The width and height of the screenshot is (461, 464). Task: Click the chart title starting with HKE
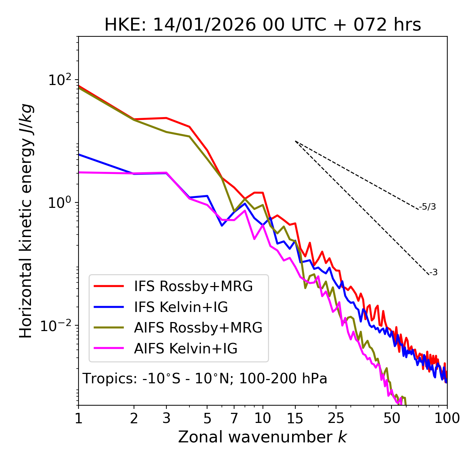263,25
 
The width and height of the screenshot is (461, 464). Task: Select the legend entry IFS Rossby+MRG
193,286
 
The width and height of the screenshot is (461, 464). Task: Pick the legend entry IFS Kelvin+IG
181,307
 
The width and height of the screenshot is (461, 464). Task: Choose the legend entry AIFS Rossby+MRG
198,328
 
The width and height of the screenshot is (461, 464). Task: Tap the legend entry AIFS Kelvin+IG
186,349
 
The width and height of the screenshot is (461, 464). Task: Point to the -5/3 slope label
428,207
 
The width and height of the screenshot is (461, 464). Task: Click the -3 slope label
434,273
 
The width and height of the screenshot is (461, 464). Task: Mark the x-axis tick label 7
234,418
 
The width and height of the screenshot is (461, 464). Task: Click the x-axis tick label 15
295,418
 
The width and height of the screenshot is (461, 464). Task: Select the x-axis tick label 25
336,418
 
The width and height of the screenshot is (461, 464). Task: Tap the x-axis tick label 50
392,418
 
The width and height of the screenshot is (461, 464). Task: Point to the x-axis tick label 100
447,418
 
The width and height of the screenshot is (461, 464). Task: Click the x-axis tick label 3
166,418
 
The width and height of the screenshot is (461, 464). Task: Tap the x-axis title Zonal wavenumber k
263,437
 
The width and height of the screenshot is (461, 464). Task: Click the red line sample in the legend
109,286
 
